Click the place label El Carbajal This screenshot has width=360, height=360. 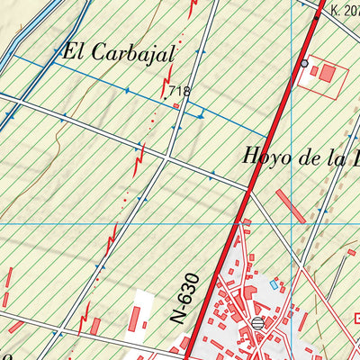click(x=117, y=53)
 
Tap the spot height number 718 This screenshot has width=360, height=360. click(x=179, y=91)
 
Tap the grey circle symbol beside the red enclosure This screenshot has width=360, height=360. click(x=304, y=63)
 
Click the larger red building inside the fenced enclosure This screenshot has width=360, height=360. click(x=327, y=73)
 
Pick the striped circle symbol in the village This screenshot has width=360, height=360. click(x=258, y=322)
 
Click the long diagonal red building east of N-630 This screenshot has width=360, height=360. click(x=291, y=206)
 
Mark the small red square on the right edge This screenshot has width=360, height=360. click(x=357, y=318)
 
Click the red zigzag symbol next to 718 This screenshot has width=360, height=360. click(x=166, y=87)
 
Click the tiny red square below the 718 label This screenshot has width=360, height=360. click(x=177, y=105)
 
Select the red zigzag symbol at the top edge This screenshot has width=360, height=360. click(x=192, y=9)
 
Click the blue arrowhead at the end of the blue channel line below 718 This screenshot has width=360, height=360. click(x=203, y=115)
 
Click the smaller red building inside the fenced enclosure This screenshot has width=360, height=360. click(x=314, y=78)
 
